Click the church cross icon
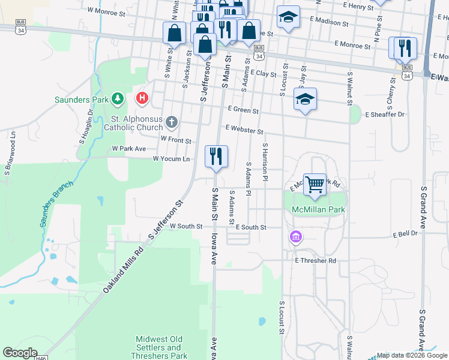[171, 123]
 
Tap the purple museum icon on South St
[295, 238]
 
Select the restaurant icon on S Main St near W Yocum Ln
[216, 156]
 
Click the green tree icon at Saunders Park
[119, 97]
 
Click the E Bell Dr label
[405, 234]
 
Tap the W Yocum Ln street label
[171, 159]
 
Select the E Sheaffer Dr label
[384, 114]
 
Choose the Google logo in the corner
[20, 353]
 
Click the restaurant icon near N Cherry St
[402, 48]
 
